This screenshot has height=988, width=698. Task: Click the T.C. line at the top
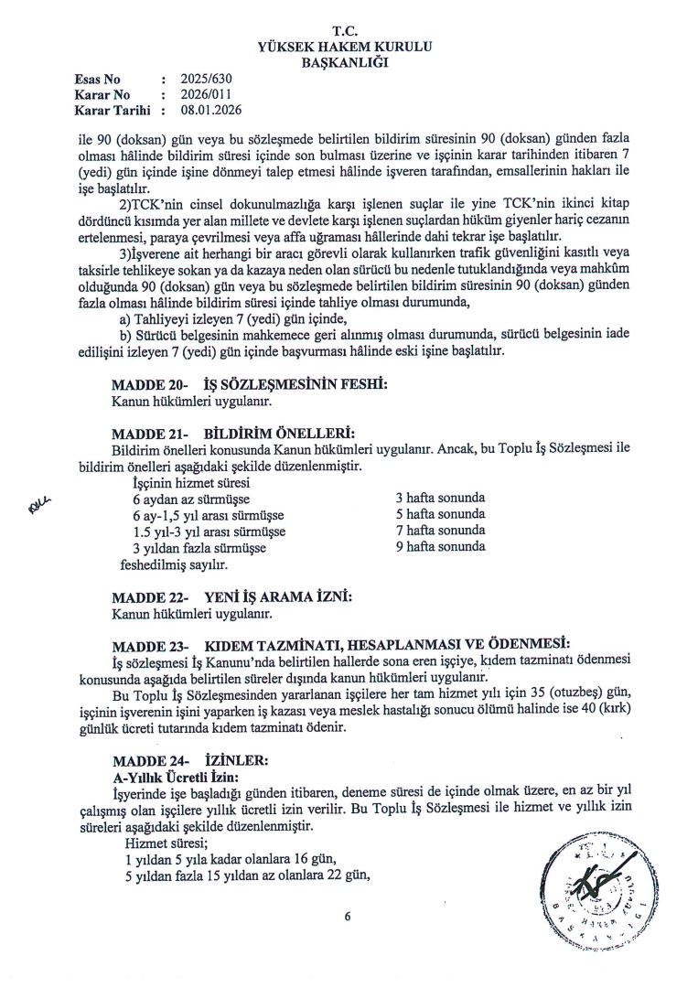coord(349,31)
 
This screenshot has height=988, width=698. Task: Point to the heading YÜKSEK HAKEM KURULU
coord(349,47)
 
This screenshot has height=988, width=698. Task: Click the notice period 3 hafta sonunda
coord(440,498)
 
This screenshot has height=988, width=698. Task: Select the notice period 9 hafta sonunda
coord(440,547)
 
